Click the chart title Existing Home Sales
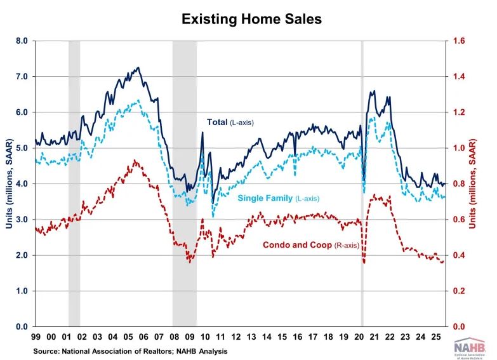pos(251,20)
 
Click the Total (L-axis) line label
pos(230,123)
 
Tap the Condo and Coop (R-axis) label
pos(311,245)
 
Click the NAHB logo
pos(468,348)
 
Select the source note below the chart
pos(131,351)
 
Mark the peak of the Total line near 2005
pos(138,67)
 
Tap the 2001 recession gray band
pos(74,183)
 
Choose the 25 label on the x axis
pos(437,337)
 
